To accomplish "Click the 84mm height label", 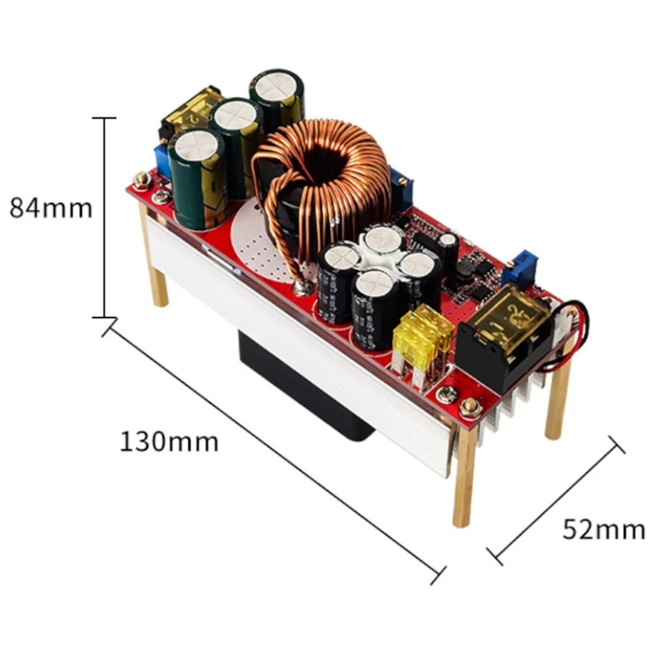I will [x=51, y=207].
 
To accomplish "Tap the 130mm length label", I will [x=169, y=441].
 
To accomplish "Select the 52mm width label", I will [x=604, y=529].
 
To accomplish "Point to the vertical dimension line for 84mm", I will [x=105, y=217].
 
